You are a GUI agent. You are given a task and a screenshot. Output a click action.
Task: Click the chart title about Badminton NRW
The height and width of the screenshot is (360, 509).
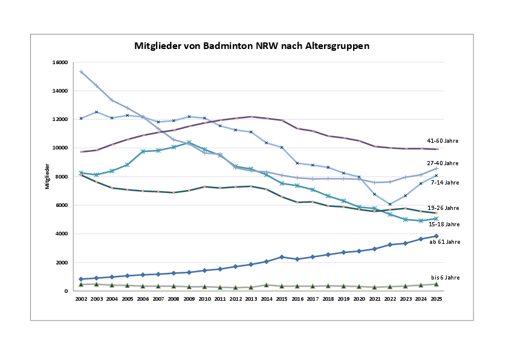tap(251, 45)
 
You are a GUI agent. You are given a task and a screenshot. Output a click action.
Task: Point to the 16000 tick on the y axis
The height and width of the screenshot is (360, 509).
tap(59, 62)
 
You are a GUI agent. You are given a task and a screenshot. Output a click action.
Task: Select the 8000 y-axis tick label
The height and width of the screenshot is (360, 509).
tap(60, 177)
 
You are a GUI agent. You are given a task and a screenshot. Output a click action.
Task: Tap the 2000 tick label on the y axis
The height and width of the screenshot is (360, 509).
tap(60, 263)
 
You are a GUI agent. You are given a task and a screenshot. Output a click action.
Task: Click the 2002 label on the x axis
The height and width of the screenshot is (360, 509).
tap(81, 299)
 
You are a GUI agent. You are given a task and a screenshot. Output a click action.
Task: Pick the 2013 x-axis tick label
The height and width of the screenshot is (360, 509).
tap(250, 299)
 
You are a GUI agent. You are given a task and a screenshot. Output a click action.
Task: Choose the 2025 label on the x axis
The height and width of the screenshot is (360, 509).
tap(435, 299)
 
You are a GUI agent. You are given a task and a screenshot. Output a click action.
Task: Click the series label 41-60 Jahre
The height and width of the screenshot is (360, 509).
tap(443, 141)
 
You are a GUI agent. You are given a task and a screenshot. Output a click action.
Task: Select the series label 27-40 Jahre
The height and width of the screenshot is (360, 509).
tap(443, 163)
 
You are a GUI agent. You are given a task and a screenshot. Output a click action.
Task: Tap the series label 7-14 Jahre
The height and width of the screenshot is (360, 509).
tap(444, 182)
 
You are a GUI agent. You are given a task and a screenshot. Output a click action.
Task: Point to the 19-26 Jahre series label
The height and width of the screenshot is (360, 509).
tap(443, 208)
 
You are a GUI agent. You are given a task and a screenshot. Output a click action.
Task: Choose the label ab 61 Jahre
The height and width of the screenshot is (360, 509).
tap(444, 241)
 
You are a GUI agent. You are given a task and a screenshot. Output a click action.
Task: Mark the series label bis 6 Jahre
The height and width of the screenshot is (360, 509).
tap(445, 277)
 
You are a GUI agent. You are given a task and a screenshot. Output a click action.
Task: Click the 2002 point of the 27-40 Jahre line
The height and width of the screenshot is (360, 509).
tap(81, 71)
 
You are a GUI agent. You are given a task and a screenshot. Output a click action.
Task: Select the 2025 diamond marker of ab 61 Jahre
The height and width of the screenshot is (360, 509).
tap(435, 236)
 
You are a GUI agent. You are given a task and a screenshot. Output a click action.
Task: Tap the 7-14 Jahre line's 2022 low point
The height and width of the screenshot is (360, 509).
tap(389, 205)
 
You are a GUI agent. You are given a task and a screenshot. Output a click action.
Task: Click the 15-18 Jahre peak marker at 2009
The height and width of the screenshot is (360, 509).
tap(189, 143)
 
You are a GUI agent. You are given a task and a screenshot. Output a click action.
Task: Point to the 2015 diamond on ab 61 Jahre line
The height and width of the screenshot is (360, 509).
tap(281, 257)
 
